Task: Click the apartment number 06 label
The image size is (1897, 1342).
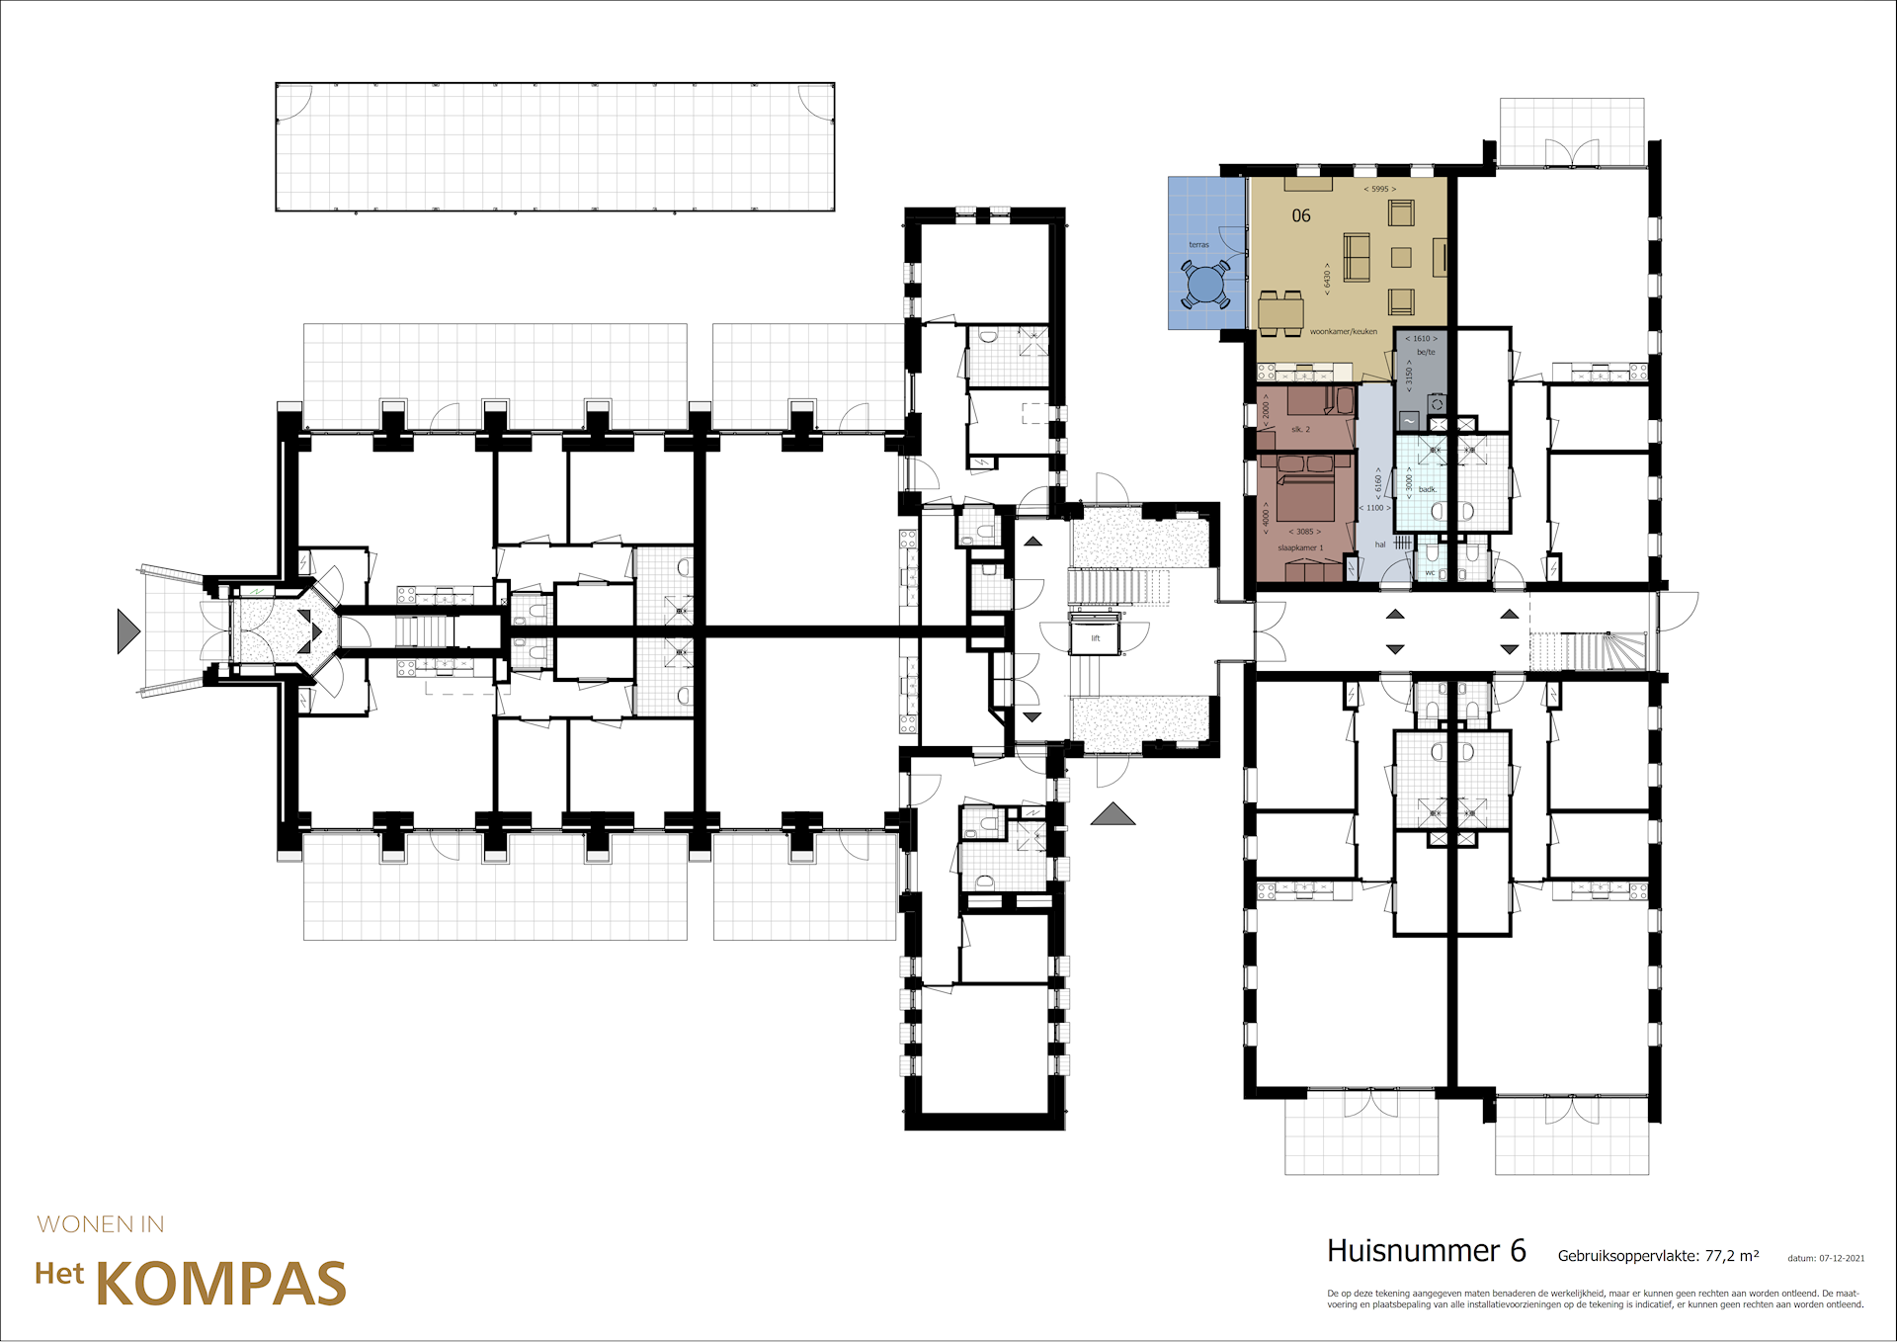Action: point(1301,215)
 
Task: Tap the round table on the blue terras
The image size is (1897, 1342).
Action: point(1205,285)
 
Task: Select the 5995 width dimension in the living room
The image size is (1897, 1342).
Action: point(1379,189)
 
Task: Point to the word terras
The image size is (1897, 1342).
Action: point(1198,244)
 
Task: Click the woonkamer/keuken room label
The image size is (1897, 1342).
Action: point(1343,332)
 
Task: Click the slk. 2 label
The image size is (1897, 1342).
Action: point(1300,429)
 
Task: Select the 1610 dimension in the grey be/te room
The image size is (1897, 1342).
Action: point(1421,339)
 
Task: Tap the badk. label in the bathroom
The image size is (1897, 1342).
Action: point(1427,489)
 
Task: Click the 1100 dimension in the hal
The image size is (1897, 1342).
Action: point(1374,508)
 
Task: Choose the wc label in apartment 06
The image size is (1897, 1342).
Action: point(1430,573)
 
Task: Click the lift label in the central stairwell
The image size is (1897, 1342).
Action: point(1095,638)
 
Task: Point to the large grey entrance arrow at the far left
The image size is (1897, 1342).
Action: point(127,630)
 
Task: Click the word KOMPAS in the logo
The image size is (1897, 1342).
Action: point(221,1285)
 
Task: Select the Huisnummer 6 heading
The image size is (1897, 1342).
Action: point(1426,1251)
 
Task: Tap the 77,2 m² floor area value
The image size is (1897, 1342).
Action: point(1731,1256)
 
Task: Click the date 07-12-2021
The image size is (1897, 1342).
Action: point(1842,1258)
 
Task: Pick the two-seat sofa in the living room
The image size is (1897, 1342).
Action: point(1356,257)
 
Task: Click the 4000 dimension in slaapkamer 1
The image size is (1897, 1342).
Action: point(1267,518)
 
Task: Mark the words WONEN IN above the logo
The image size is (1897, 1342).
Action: point(101,1224)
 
